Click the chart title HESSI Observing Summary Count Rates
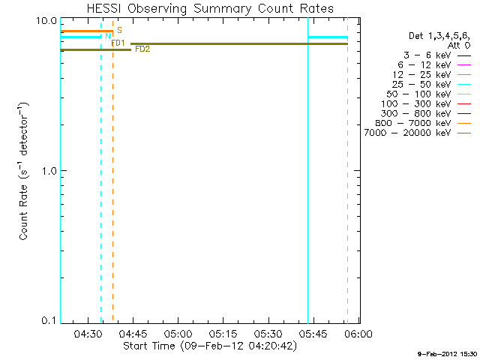coord(209,8)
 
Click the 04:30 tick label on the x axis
coord(88,334)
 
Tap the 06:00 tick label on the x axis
coord(358,334)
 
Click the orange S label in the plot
coord(119,31)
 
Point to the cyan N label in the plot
coord(108,37)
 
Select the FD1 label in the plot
coord(118,43)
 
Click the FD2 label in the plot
coord(142,49)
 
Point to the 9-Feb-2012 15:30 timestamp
coord(448,352)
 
